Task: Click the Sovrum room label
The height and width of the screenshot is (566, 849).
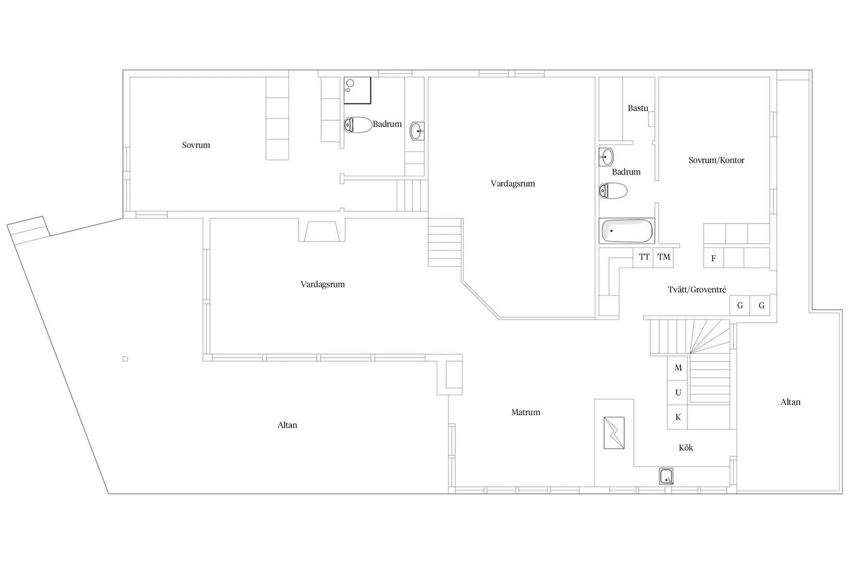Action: [196, 145]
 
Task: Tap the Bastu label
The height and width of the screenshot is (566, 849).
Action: [638, 109]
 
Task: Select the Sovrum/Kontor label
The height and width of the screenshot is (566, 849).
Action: [716, 161]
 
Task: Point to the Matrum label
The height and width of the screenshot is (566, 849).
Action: [526, 413]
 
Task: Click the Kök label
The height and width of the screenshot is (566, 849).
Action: [686, 448]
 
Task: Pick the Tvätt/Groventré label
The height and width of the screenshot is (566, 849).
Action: [697, 290]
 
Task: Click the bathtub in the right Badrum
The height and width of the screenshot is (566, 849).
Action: [627, 231]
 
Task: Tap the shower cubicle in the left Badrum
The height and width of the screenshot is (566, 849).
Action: [357, 90]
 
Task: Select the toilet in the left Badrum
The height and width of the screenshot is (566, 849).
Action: [358, 125]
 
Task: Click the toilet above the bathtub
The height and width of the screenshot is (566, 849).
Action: [613, 191]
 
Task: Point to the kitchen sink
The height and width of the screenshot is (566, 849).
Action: [666, 476]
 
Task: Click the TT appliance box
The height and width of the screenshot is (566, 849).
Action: [643, 257]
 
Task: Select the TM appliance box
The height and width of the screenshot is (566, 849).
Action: [663, 257]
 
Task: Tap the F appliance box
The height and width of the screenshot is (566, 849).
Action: [714, 258]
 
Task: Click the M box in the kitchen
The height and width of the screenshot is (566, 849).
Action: [677, 368]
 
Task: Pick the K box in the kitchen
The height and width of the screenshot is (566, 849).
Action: [677, 417]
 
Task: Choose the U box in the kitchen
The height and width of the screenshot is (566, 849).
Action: [677, 393]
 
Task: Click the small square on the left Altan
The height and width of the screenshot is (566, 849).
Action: [125, 359]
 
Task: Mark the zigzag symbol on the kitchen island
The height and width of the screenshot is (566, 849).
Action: [614, 433]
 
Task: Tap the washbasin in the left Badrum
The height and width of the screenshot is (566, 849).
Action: [417, 131]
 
